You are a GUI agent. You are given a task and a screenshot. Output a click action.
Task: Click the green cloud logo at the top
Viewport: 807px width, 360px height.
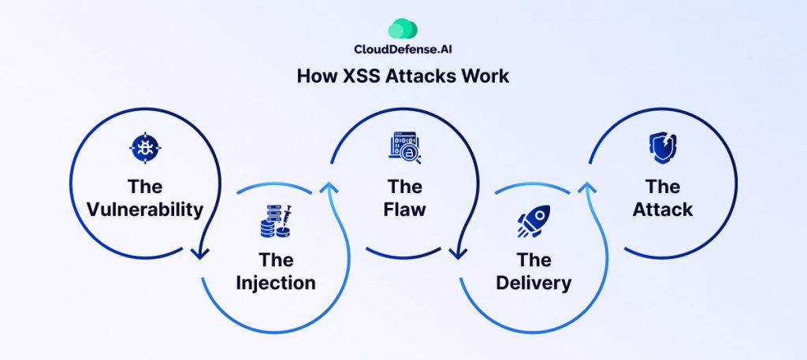tap(403, 28)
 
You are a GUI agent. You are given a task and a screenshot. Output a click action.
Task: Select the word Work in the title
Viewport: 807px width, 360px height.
tap(488, 76)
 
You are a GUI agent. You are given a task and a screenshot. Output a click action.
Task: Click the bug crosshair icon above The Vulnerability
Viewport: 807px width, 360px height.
tap(144, 147)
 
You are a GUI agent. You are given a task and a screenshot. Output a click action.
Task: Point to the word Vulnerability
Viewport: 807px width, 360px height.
tap(145, 210)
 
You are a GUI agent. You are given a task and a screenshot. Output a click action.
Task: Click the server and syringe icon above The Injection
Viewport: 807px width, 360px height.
tap(275, 221)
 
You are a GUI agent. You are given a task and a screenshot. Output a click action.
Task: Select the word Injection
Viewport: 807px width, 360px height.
tap(276, 282)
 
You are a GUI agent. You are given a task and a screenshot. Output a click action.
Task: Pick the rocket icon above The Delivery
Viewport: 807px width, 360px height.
tap(533, 221)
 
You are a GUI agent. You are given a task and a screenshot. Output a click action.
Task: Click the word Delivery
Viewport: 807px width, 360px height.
tap(534, 282)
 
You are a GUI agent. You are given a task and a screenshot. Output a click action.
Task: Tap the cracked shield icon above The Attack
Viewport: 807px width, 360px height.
tap(661, 147)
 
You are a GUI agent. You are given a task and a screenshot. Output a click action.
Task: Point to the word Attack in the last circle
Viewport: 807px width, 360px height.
tap(663, 210)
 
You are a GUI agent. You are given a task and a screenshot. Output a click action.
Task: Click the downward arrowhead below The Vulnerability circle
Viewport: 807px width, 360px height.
tap(200, 253)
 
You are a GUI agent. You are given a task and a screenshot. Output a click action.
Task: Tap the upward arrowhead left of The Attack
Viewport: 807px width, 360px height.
tap(586, 187)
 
